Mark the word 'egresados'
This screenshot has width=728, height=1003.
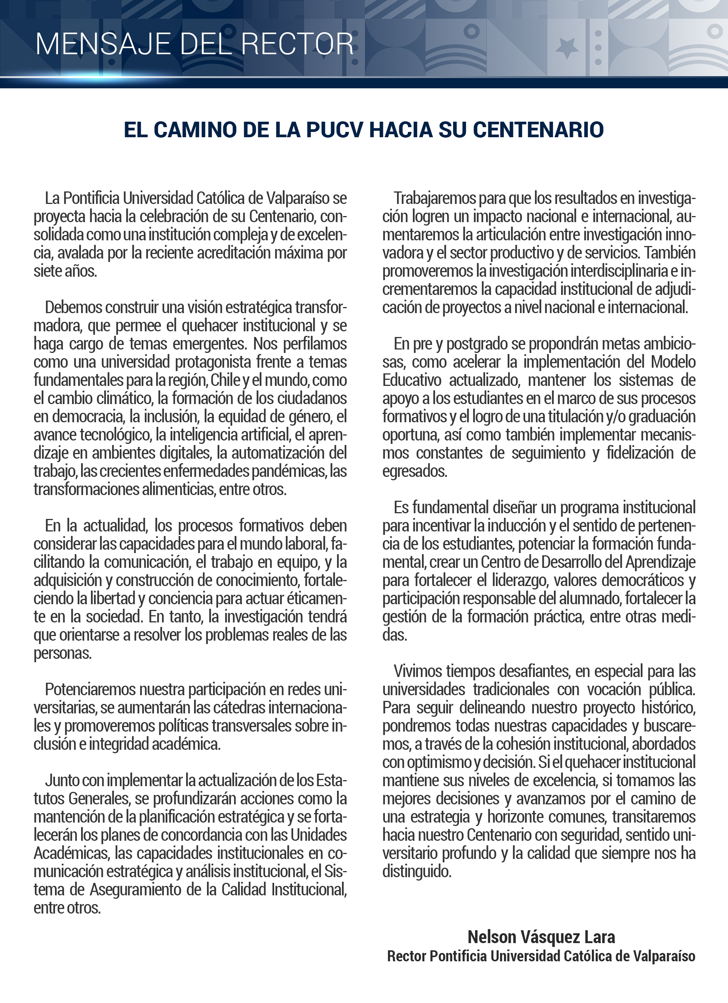coord(414,471)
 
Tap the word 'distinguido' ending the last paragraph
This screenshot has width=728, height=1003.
coord(416,871)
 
